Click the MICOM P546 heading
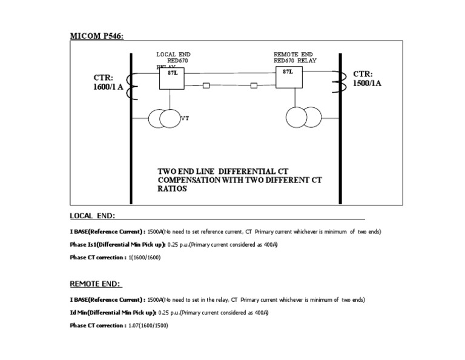pyautogui.click(x=97, y=36)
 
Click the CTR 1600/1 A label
pyautogui.click(x=108, y=82)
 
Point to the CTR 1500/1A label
pyautogui.click(x=368, y=79)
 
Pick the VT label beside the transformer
pyautogui.click(x=185, y=118)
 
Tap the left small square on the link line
pyautogui.click(x=206, y=85)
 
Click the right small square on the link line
pyautogui.click(x=253, y=85)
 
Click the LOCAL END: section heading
pyautogui.click(x=93, y=216)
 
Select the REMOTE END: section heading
pyautogui.click(x=96, y=284)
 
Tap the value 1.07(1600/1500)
pyautogui.click(x=148, y=325)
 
